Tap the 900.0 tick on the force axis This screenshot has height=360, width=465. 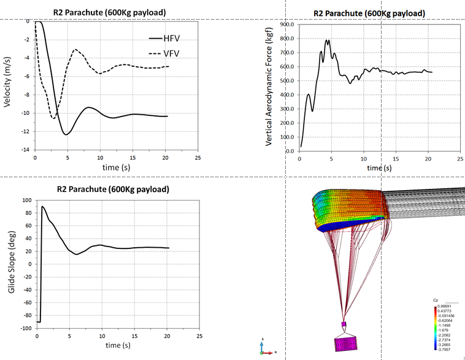(286, 25)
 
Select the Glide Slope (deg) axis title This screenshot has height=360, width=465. (10, 264)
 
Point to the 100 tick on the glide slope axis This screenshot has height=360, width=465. (26, 200)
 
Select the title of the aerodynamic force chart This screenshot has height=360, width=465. (369, 13)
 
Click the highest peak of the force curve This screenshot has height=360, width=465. (328, 40)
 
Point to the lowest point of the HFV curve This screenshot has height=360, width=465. (65, 134)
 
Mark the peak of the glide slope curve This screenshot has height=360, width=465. (42, 207)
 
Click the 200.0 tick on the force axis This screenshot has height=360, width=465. (286, 123)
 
